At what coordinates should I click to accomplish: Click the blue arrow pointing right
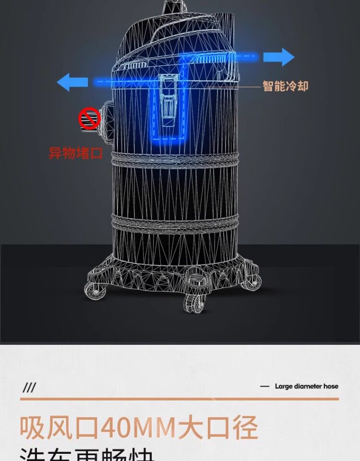[x=285, y=57]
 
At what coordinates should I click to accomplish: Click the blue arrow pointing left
[x=72, y=82]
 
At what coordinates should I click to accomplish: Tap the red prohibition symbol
[x=89, y=119]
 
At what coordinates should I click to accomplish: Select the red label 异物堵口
[x=76, y=153]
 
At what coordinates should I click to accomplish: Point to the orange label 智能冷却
[x=285, y=86]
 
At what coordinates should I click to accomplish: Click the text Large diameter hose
[x=306, y=386]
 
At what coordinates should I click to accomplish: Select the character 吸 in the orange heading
[x=33, y=427]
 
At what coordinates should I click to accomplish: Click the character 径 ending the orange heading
[x=244, y=427]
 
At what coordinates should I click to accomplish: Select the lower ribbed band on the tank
[x=175, y=221]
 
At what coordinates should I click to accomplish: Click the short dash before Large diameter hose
[x=264, y=387]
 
